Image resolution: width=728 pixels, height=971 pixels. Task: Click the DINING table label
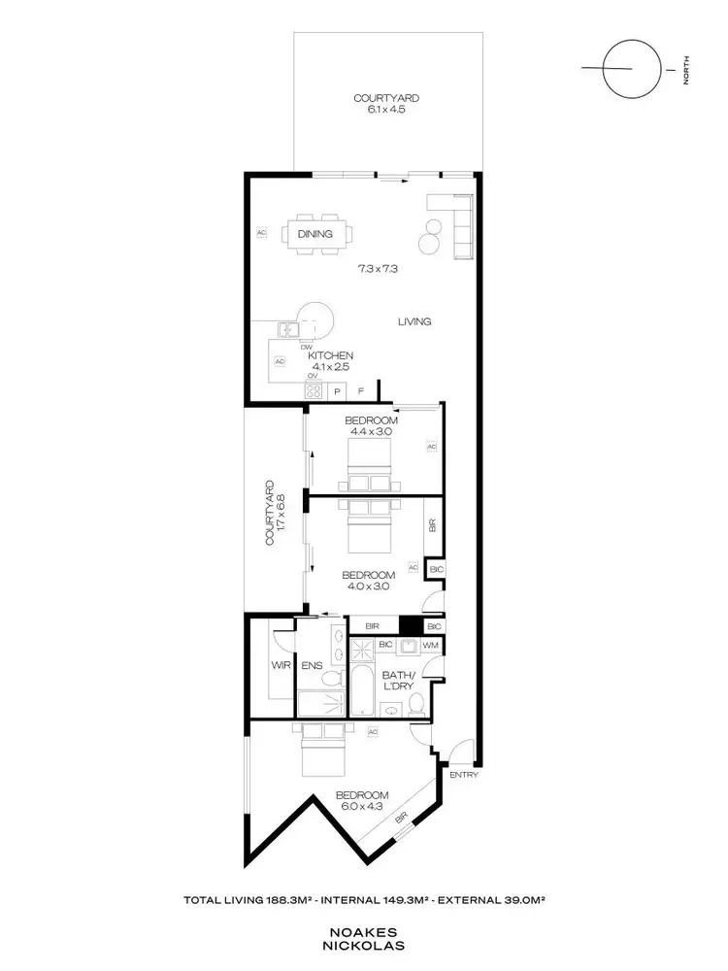315,234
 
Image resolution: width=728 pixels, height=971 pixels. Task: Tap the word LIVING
414,321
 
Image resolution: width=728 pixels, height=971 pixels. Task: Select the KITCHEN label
331,355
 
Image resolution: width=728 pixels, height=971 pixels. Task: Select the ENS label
311,666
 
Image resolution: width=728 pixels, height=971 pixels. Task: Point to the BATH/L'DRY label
398,680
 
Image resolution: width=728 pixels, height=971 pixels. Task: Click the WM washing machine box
430,645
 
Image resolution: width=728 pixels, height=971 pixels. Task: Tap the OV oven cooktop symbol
314,390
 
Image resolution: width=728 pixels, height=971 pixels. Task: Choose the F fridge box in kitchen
361,391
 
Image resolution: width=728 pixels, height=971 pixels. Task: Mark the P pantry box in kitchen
337,391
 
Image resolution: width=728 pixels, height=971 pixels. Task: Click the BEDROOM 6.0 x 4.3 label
362,801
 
